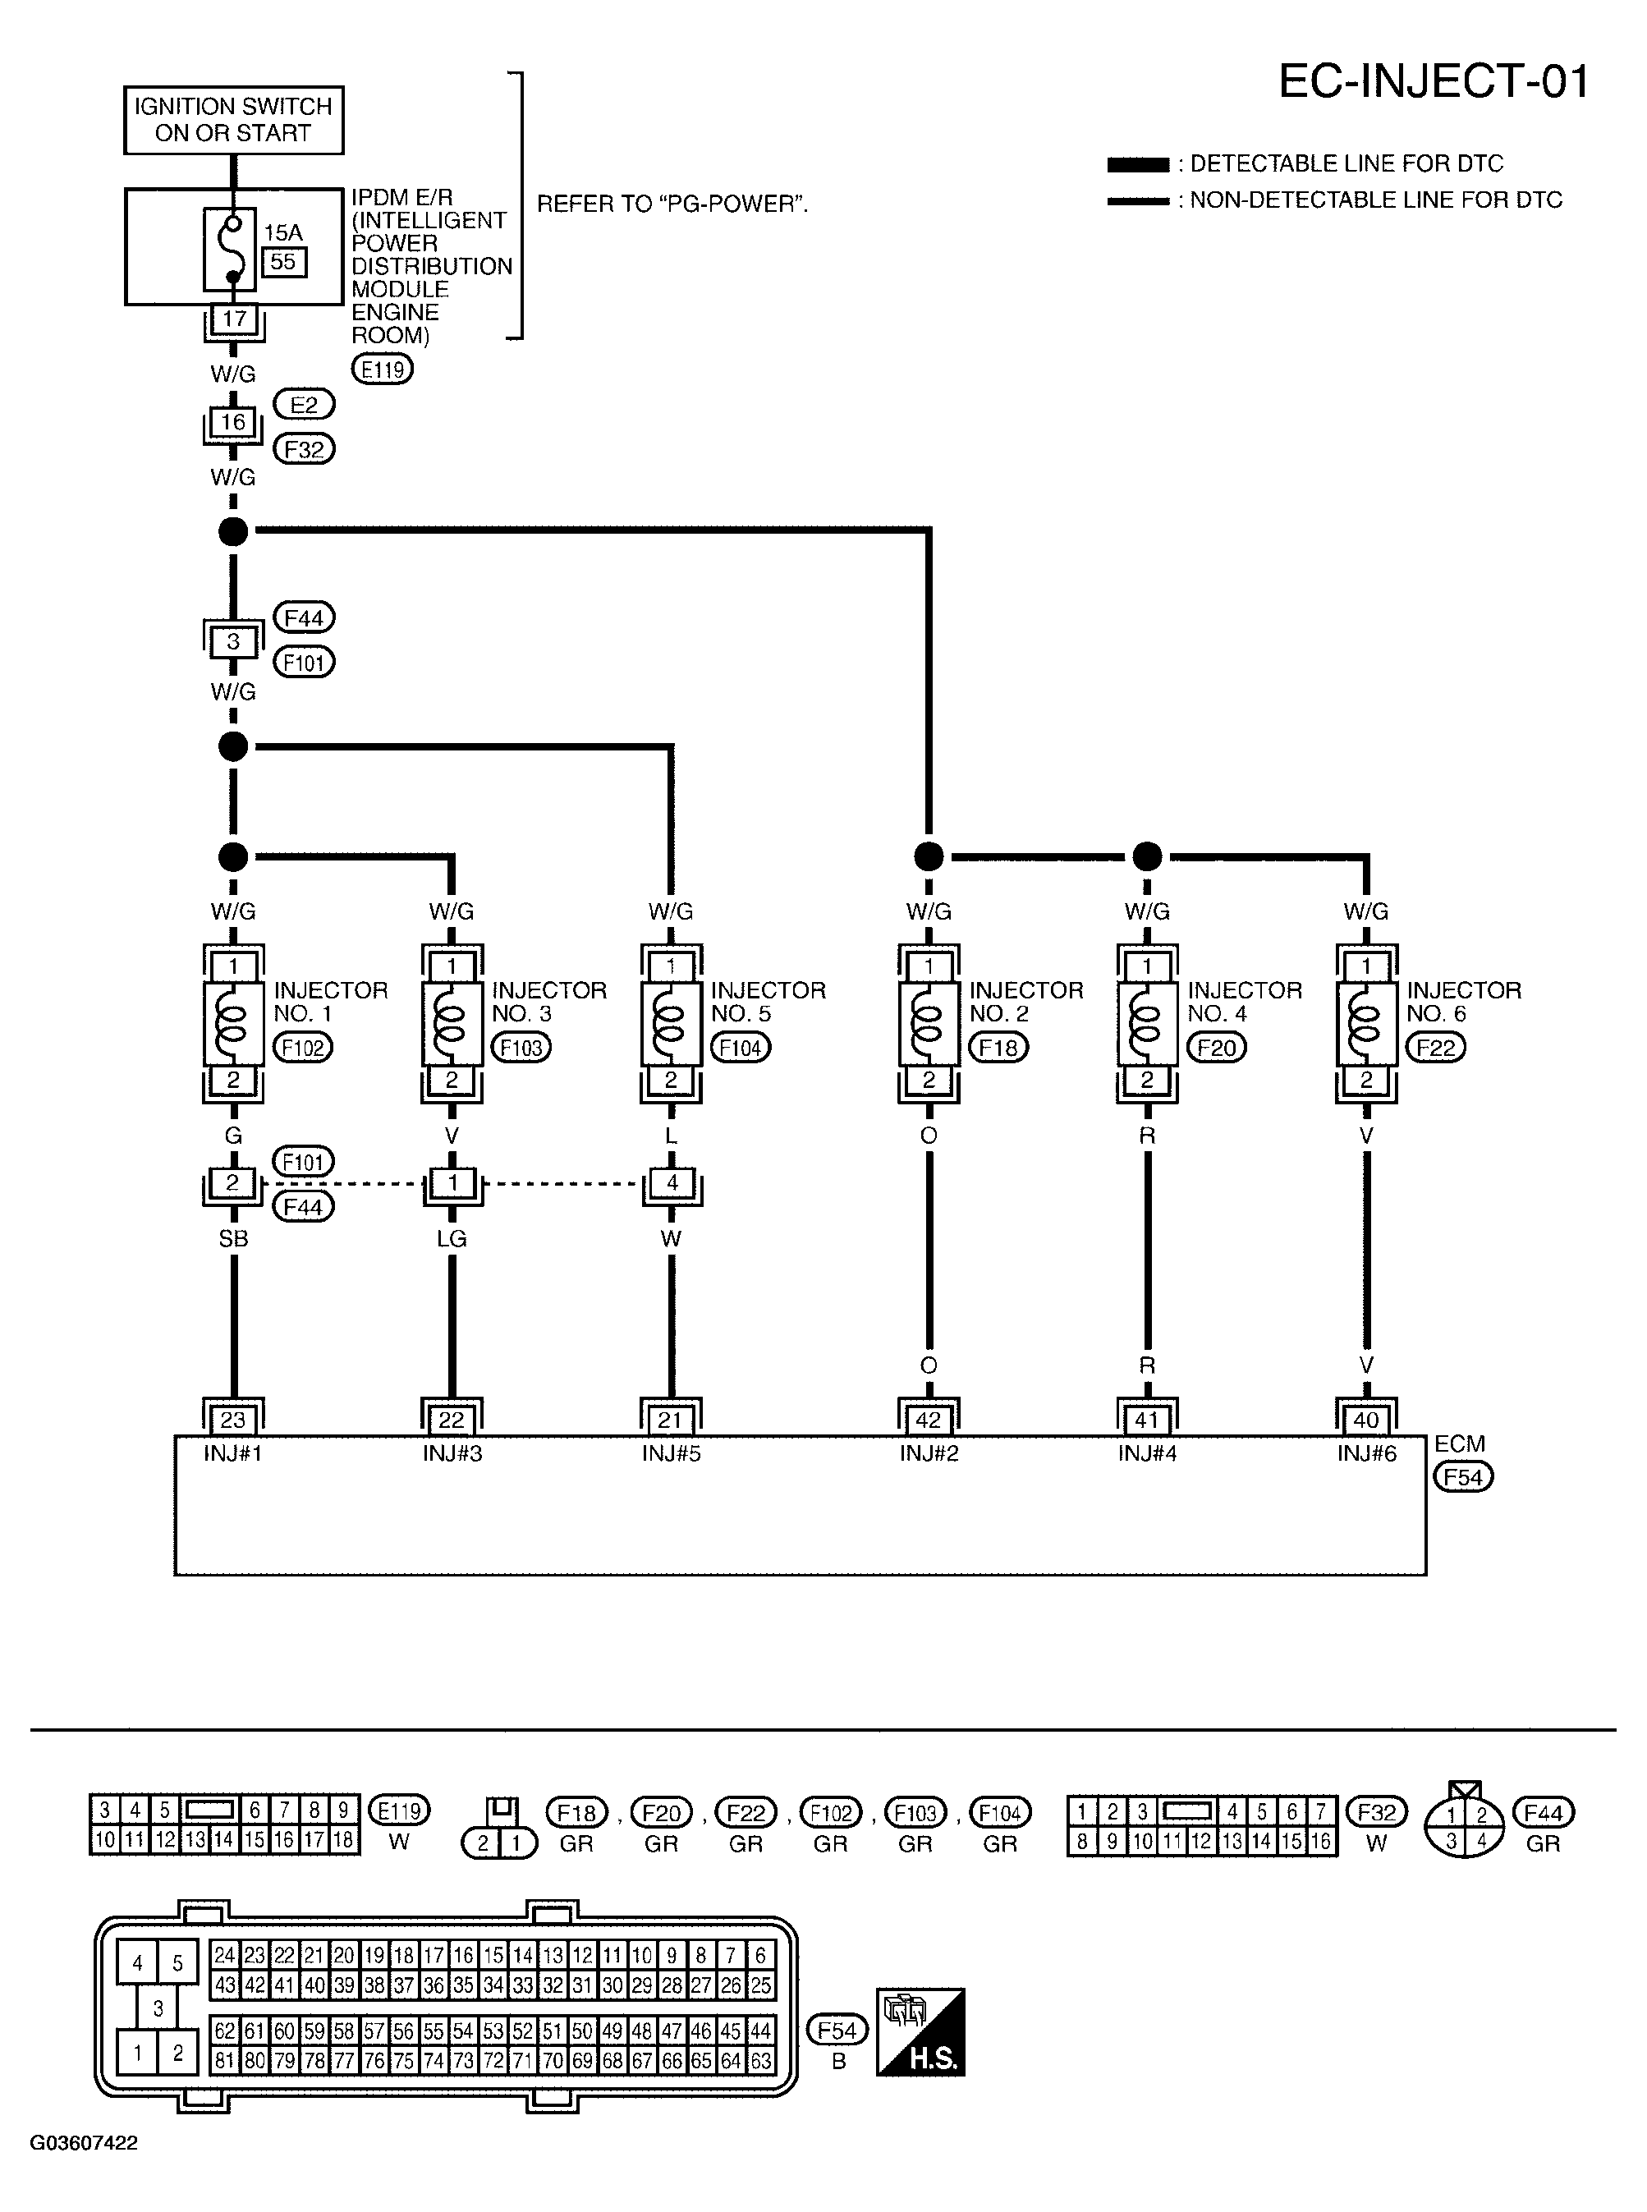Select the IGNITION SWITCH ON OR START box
click(233, 120)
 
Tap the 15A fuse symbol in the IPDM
click(232, 247)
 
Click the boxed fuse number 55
click(283, 262)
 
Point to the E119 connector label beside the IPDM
click(382, 369)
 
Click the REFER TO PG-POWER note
click(672, 204)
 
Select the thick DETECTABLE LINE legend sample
click(1138, 164)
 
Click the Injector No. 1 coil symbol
click(232, 1023)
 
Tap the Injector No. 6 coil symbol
click(1366, 1023)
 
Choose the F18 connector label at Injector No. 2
click(998, 1048)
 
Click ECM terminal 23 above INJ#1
click(232, 1420)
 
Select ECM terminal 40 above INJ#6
click(1366, 1420)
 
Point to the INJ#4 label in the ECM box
click(1146, 1453)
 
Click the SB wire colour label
click(232, 1238)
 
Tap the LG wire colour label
click(452, 1238)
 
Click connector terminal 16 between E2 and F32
click(232, 423)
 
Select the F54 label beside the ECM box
click(1462, 1477)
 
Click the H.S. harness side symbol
click(920, 2032)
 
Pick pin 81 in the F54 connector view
click(225, 2059)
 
